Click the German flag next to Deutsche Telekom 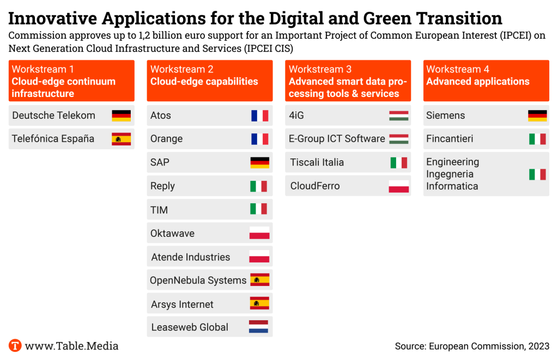pos(121,115)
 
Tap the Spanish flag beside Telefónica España pos(121,139)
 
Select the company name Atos pos(161,115)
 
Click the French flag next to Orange pos(259,139)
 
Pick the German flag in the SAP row pos(259,162)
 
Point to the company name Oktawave pos(172,234)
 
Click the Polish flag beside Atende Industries pos(259,257)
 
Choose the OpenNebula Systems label pos(198,280)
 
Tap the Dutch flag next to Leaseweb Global pos(259,327)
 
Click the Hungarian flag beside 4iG pos(398,115)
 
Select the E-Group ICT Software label pos(337,139)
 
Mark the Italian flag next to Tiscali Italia pos(398,162)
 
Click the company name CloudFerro pos(315,186)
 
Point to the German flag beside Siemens pos(537,115)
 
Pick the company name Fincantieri pos(450,139)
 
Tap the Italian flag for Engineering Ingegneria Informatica pos(537,174)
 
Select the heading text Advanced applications pos(478,82)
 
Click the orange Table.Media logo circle pos(15,346)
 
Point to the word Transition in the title pos(459,19)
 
